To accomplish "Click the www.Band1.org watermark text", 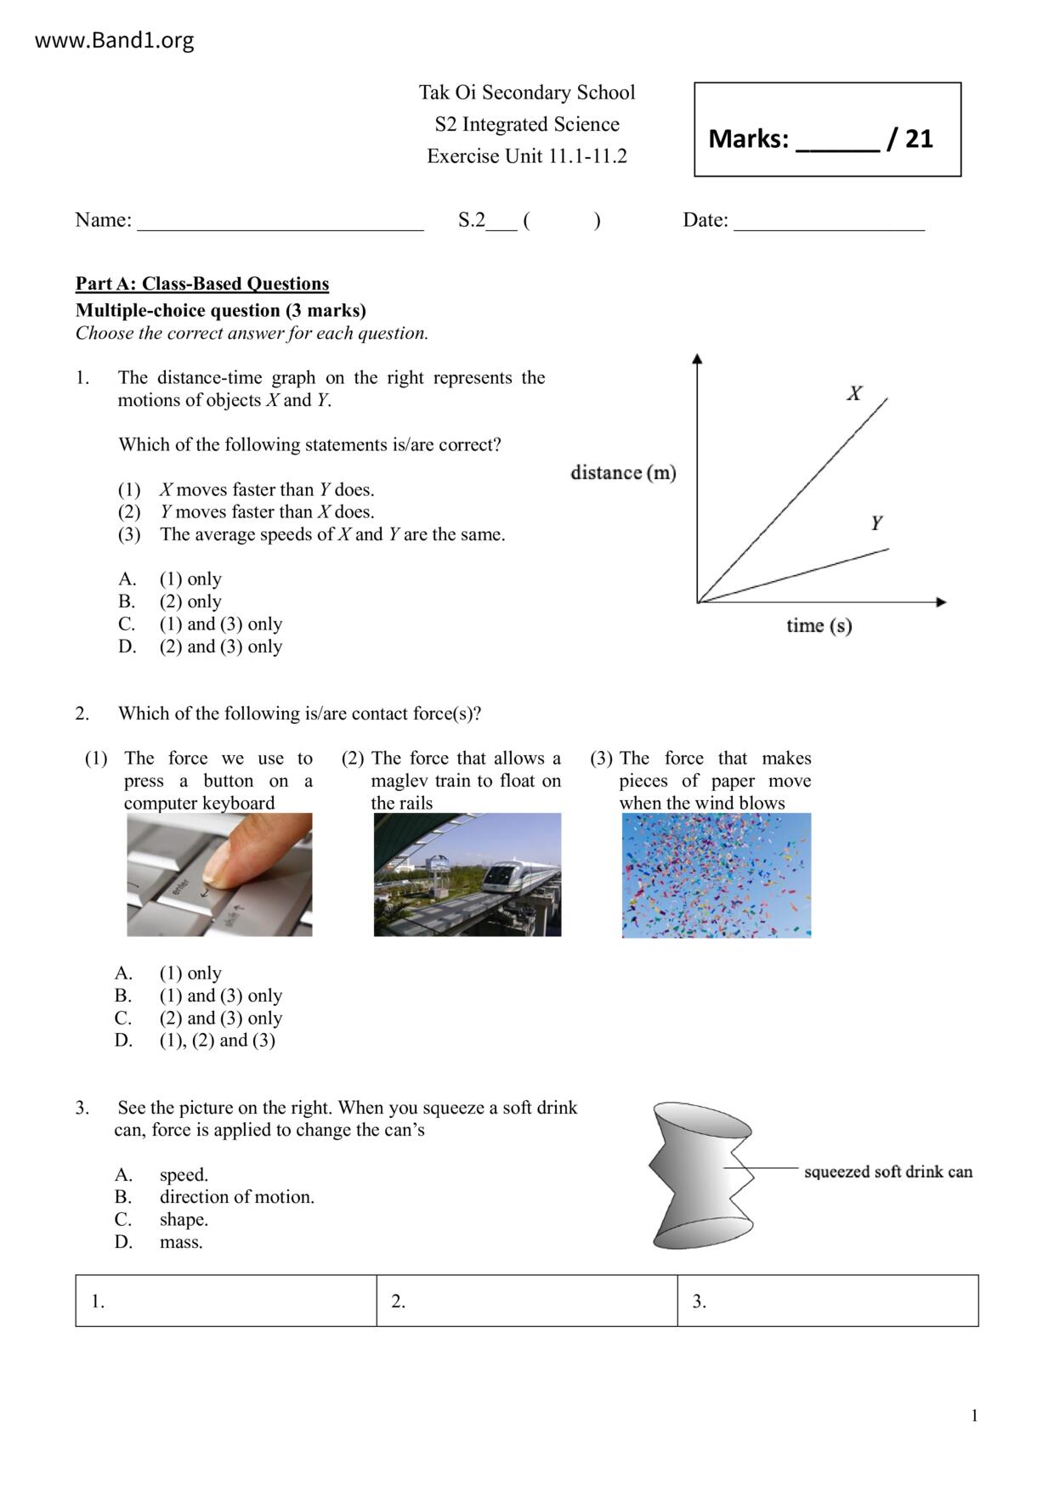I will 114,40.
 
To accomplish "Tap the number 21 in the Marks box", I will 919,138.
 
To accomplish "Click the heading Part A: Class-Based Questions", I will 202,284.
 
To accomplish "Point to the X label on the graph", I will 854,393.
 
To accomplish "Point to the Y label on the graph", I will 876,522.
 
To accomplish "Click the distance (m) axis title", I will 623,472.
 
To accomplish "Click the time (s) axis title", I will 819,626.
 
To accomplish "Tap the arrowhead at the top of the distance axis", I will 698,358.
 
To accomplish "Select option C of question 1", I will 220,624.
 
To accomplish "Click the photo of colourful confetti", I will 717,875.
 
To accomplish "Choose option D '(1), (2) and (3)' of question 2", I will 217,1041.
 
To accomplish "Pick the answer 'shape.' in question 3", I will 184,1220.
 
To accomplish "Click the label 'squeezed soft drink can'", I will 887,1171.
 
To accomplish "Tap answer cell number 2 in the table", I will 526,1301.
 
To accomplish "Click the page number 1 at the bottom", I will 974,1415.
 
